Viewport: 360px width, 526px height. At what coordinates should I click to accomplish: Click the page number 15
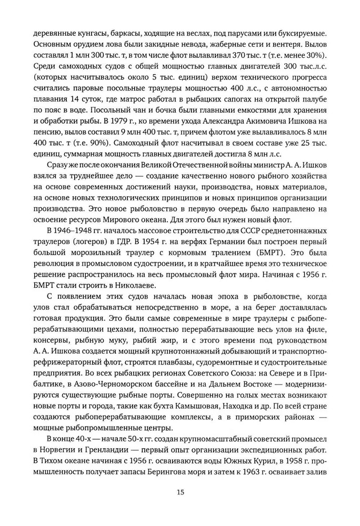(179, 492)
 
